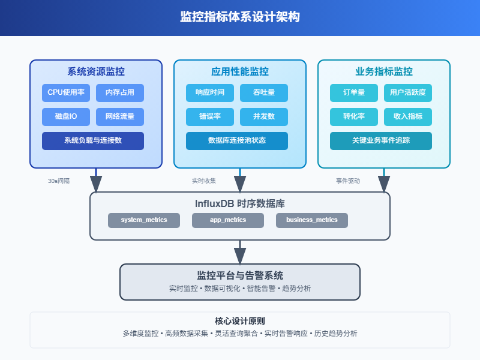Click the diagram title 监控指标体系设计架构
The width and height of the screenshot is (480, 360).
point(240,17)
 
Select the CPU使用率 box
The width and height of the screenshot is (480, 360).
point(66,93)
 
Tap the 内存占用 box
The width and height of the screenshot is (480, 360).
point(120,93)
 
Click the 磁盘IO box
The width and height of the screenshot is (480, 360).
point(66,116)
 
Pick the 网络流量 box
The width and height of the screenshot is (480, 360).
point(120,116)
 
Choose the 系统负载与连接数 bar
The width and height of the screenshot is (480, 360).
point(93,140)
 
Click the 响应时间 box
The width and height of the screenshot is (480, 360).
point(210,93)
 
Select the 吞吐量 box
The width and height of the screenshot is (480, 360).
point(264,93)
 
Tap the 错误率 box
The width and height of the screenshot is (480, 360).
point(210,116)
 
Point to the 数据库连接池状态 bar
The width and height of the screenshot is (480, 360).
point(237,140)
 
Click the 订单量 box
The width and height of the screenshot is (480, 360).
point(354,93)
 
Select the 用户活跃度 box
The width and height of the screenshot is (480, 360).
point(408,93)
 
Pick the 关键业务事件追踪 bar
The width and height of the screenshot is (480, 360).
point(381,140)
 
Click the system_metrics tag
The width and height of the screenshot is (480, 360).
point(144,220)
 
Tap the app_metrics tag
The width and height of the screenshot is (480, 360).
point(228,220)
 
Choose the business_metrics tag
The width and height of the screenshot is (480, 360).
point(312,220)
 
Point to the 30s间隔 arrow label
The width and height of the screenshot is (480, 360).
point(59,181)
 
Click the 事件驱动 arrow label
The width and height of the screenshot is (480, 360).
point(348,181)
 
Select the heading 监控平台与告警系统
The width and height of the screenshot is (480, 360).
point(240,275)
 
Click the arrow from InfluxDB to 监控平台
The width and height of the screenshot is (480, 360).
point(240,251)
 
